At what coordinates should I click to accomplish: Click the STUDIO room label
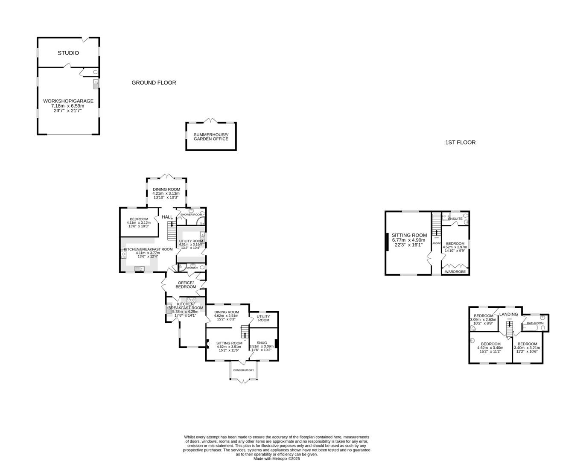click(x=68, y=53)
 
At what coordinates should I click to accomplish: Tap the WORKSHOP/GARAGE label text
click(x=68, y=101)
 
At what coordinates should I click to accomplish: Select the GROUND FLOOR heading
click(x=154, y=83)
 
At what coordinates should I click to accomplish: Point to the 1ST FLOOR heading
click(x=460, y=143)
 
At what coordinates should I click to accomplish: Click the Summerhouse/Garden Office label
click(x=211, y=137)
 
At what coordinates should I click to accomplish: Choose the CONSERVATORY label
click(x=243, y=370)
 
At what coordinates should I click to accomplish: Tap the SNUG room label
click(x=262, y=343)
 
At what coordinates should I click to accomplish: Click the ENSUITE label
click(x=455, y=219)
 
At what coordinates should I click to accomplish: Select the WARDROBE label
click(x=455, y=271)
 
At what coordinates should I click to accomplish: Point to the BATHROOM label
click(x=535, y=323)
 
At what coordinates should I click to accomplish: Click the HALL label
click(x=167, y=217)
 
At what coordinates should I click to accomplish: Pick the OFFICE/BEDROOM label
click(x=186, y=285)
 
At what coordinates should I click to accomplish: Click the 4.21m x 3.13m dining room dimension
click(x=166, y=193)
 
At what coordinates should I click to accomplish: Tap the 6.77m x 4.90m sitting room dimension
click(x=409, y=240)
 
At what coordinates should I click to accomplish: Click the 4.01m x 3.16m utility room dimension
click(x=191, y=245)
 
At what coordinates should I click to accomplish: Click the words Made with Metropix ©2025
click(x=277, y=459)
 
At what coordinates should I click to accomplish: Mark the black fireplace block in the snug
click(x=277, y=344)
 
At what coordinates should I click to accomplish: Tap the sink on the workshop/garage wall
click(x=96, y=83)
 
